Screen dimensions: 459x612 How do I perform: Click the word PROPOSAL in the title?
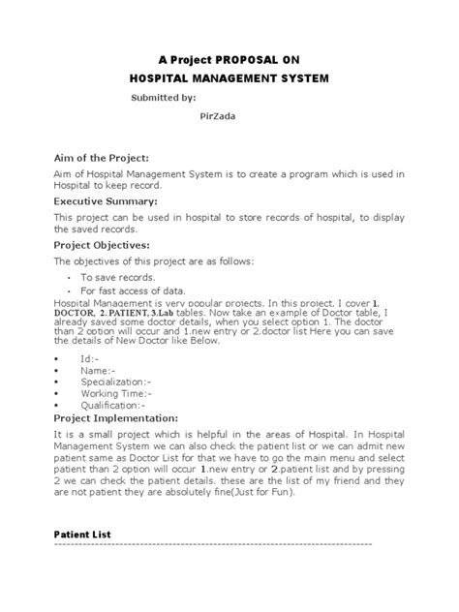[242, 58]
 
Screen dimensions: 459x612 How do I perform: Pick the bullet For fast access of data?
[134, 291]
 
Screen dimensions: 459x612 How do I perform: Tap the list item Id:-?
[90, 356]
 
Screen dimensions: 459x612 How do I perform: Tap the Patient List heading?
[82, 534]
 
